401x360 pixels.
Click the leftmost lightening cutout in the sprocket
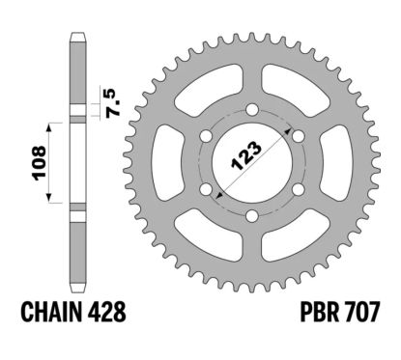171,149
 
